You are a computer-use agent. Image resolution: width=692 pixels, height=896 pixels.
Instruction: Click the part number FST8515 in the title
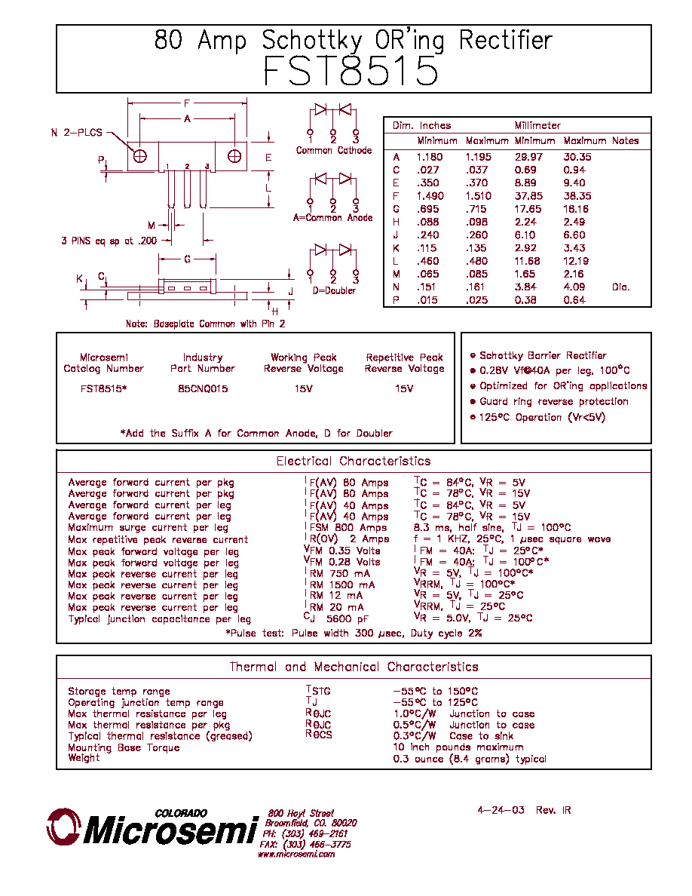tap(351, 71)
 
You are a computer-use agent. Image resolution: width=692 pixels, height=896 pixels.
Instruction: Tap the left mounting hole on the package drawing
tap(140, 156)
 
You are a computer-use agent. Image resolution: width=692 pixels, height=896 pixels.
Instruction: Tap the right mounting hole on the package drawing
tap(234, 156)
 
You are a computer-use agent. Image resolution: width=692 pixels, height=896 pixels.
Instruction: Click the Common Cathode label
tap(334, 150)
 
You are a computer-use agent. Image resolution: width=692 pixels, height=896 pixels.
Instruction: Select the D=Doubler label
tap(334, 290)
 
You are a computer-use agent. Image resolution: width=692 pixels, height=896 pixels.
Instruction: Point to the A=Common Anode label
tap(333, 218)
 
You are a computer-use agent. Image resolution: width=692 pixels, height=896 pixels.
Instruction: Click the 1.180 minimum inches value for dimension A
tap(430, 157)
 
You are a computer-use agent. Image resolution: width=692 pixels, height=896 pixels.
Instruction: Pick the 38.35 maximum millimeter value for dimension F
tap(577, 196)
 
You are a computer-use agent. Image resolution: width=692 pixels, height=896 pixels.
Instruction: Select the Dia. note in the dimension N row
tap(620, 287)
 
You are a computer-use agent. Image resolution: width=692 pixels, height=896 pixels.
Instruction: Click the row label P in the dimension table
tap(396, 300)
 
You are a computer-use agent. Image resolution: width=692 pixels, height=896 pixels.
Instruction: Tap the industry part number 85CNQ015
tap(203, 388)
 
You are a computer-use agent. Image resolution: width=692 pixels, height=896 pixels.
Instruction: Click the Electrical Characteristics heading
tap(354, 461)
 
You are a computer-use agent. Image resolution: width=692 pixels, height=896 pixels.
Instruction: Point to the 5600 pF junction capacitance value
tap(348, 618)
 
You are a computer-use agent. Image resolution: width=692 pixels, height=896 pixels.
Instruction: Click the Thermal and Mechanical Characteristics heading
tap(354, 667)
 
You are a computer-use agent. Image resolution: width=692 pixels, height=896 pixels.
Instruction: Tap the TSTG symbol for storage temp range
tap(318, 690)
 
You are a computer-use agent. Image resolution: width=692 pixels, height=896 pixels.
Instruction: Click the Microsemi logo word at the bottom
tap(170, 830)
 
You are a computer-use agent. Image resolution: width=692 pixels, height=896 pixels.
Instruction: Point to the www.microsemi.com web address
tap(296, 855)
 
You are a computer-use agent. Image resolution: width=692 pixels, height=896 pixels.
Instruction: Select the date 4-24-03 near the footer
tap(501, 810)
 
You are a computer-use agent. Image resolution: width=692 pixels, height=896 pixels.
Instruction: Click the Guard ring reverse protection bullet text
tap(554, 402)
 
